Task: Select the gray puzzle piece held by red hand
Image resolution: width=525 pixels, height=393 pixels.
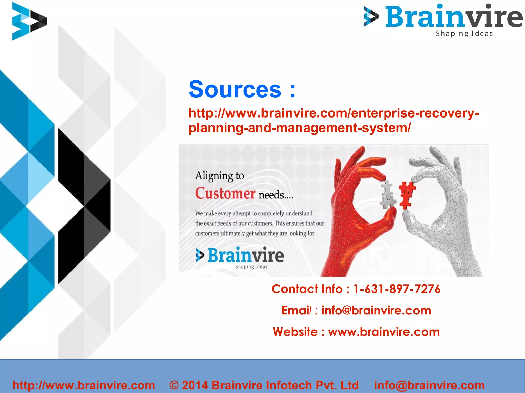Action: (x=388, y=194)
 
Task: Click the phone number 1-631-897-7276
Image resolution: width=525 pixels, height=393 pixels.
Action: (x=397, y=289)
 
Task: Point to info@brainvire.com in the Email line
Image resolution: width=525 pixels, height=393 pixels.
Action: (x=376, y=311)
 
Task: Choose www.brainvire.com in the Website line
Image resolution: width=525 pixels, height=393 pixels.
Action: (x=384, y=332)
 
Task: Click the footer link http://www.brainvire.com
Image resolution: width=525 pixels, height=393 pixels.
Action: (x=84, y=385)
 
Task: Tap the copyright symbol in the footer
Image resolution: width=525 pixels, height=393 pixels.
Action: (x=174, y=385)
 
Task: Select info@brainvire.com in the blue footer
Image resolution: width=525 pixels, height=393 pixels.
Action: (x=429, y=385)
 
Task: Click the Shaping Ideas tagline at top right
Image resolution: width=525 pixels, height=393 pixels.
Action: (x=464, y=34)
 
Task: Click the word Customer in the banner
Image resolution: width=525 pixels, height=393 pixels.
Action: (x=225, y=193)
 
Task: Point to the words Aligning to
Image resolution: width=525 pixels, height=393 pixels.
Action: (x=219, y=176)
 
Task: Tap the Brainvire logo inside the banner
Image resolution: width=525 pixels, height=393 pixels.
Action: (x=240, y=257)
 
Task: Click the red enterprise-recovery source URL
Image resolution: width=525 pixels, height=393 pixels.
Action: (x=333, y=120)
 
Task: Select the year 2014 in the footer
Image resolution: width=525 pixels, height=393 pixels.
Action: (x=195, y=385)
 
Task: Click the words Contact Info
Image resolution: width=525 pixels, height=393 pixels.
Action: (x=307, y=289)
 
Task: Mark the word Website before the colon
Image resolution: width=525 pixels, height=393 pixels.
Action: (x=295, y=332)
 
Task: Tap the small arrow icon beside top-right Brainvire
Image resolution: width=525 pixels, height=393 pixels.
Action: (x=371, y=16)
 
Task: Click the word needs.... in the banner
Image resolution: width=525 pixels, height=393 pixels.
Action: (x=276, y=195)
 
